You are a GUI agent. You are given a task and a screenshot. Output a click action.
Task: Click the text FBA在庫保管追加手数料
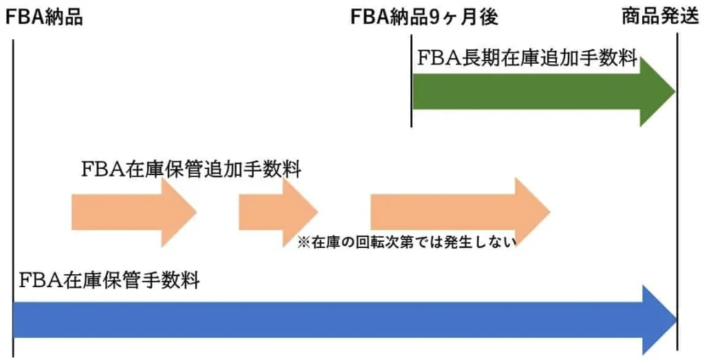coord(191,170)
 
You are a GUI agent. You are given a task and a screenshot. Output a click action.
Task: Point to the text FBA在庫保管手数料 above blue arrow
coord(109,280)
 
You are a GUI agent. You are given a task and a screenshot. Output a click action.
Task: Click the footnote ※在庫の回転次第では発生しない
coord(406,242)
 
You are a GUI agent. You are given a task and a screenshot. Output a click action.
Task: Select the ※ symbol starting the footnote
coord(302,242)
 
